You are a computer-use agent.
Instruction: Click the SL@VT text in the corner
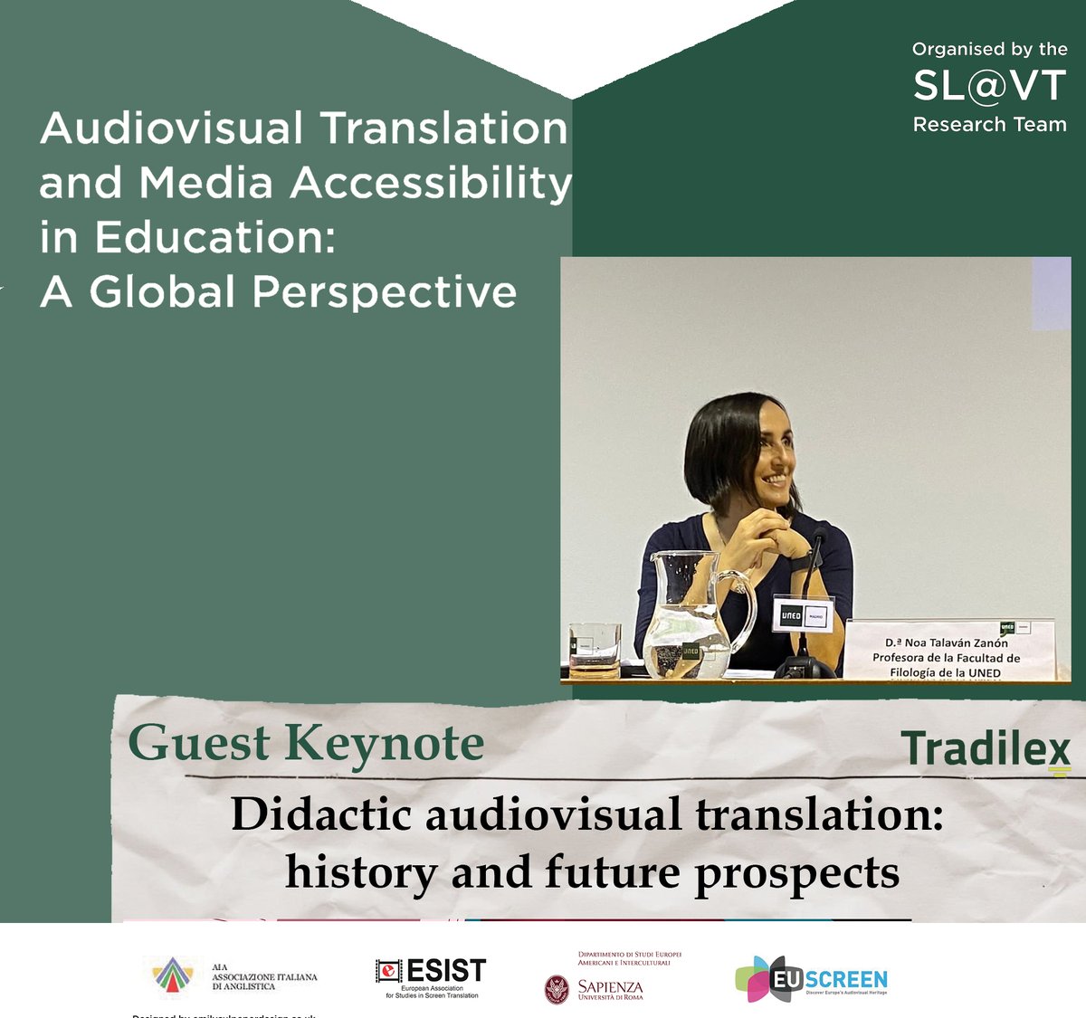click(x=989, y=86)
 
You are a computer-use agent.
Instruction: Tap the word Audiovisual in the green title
click(x=171, y=128)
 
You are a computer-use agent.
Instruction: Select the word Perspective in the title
click(x=385, y=291)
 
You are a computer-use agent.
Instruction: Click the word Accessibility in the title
click(x=431, y=183)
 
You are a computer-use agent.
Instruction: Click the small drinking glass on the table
click(x=594, y=649)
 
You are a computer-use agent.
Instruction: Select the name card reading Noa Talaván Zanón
click(x=947, y=650)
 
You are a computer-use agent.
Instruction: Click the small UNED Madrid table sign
click(x=804, y=614)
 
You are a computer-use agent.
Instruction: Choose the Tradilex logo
click(x=986, y=751)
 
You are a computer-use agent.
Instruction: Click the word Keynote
click(x=385, y=744)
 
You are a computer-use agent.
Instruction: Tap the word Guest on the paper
click(x=199, y=744)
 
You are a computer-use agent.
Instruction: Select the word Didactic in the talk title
click(x=322, y=813)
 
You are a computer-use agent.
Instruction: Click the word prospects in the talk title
click(x=796, y=872)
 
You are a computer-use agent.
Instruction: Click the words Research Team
click(x=989, y=125)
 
